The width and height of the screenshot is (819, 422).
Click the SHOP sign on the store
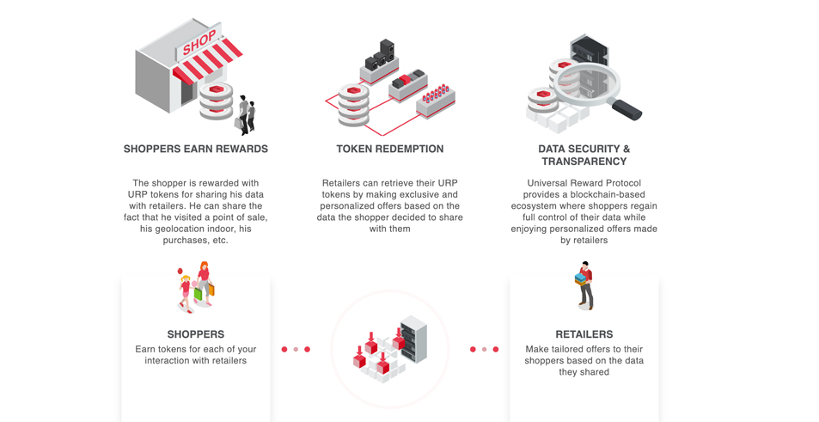[199, 42]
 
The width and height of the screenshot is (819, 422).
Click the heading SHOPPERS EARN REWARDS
[196, 149]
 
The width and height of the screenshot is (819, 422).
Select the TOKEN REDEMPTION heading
[390, 149]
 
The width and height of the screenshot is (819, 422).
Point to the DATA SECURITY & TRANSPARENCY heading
[584, 155]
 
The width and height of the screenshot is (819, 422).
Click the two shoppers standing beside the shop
[246, 115]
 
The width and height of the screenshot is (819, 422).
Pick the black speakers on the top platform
[381, 55]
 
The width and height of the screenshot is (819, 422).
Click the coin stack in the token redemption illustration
[353, 105]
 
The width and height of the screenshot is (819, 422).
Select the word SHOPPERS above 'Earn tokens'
[196, 334]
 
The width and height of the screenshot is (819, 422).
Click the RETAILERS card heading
[584, 334]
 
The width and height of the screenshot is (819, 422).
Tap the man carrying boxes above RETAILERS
[584, 285]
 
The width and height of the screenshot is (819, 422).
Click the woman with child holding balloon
[197, 287]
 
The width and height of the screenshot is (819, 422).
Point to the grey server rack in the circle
[413, 339]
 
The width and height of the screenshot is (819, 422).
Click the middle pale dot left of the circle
[296, 350]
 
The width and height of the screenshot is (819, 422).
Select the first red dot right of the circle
[473, 350]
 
